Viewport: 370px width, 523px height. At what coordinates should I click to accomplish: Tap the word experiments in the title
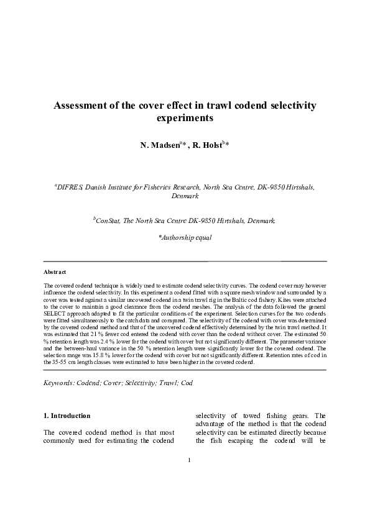pos(185,117)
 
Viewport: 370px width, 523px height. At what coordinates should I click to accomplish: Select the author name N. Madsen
pos(160,145)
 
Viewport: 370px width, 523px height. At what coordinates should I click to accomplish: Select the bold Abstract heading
pos(55,273)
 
